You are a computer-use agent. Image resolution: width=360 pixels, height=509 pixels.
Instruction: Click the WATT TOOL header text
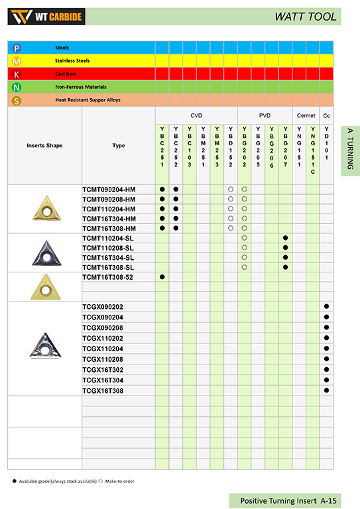pos(306,17)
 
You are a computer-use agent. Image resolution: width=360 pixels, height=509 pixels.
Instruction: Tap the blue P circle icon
pos(17,48)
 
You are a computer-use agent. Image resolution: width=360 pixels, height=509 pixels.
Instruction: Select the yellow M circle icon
pos(17,61)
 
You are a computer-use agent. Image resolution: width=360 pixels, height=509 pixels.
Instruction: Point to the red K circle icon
pos(17,74)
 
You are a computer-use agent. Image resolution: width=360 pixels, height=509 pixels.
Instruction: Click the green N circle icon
pos(17,87)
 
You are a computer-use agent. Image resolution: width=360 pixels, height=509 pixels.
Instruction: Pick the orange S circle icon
pos(17,101)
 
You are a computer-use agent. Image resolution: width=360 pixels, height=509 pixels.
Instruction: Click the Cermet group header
pos(306,115)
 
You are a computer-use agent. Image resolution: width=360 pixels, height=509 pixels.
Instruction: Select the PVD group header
pos(265,115)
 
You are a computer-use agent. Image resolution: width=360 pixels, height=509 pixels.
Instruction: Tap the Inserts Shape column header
pos(44,145)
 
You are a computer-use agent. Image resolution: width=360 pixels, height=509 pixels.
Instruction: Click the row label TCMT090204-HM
pos(109,190)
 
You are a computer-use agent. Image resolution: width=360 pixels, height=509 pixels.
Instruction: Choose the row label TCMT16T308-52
pos(108,276)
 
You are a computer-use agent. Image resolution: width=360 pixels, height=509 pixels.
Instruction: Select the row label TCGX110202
pos(103,338)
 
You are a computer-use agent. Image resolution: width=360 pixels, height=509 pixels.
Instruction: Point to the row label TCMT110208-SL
pos(108,247)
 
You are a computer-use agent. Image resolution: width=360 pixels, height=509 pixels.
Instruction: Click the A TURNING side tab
pos(350,150)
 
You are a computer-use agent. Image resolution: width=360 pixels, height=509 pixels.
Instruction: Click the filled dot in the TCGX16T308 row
pos(326,391)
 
